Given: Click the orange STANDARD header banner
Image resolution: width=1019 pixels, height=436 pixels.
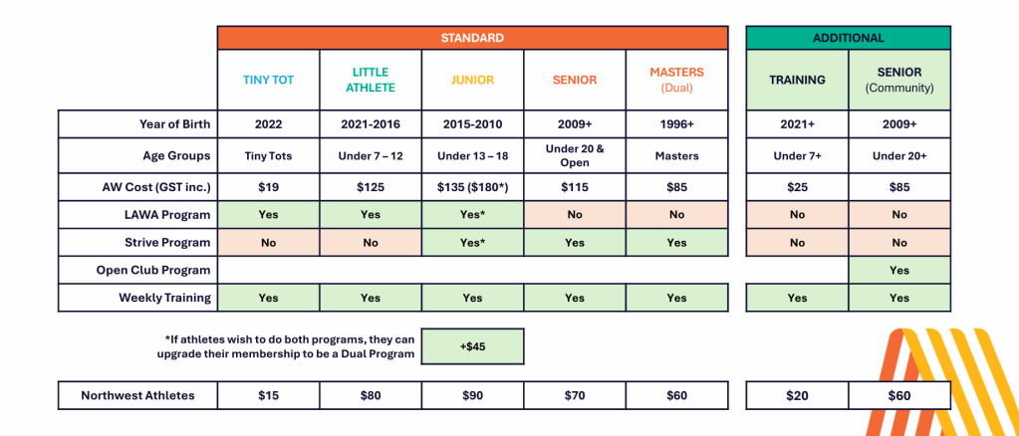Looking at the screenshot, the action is [472, 38].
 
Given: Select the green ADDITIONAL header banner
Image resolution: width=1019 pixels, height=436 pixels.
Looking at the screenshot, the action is [848, 38].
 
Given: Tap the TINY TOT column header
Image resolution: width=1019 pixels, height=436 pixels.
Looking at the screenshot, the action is [268, 80].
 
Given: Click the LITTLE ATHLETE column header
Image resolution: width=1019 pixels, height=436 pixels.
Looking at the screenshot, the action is [371, 80].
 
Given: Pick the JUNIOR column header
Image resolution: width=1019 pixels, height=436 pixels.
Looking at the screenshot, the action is [472, 80].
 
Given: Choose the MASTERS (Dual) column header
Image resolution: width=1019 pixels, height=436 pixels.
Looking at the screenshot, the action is [676, 80].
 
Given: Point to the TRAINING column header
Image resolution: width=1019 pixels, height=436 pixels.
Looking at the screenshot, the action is [798, 80].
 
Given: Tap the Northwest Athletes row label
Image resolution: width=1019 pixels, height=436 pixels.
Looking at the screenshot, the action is [137, 395].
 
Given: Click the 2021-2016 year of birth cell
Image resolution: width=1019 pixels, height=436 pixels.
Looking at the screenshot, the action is [371, 124].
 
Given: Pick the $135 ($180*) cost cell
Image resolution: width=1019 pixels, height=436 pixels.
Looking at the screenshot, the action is [472, 187].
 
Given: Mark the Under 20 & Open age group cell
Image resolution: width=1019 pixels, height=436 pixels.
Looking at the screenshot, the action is [575, 155].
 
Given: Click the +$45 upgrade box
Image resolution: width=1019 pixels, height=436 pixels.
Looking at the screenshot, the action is [472, 346].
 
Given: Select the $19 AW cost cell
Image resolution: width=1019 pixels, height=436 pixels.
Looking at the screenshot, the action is [268, 187].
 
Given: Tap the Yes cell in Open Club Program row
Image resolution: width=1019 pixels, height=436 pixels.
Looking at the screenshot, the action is [899, 271].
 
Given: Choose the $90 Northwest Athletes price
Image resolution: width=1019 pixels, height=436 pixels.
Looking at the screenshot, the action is [472, 395].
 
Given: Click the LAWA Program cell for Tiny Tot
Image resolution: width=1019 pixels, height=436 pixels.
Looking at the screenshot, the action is [268, 214].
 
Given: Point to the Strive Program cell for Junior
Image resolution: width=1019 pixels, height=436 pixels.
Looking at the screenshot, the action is [472, 242].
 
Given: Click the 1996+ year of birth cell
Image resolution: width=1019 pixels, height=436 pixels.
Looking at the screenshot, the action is [676, 124].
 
